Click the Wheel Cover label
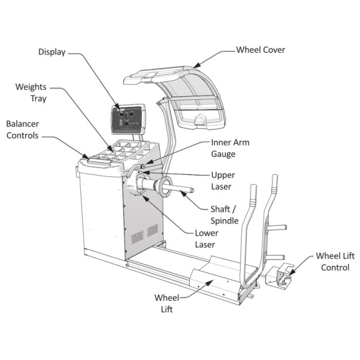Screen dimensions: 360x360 click(x=261, y=50)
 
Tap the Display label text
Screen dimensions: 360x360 click(x=52, y=52)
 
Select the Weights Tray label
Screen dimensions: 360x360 click(x=31, y=93)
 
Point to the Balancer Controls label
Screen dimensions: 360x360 click(x=23, y=130)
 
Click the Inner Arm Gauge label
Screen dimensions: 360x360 click(x=230, y=148)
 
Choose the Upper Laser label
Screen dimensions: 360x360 click(x=223, y=181)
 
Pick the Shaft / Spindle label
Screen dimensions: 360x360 click(x=224, y=215)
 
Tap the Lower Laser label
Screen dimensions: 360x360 click(x=207, y=239)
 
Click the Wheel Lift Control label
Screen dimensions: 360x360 click(x=335, y=262)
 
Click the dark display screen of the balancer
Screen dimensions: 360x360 click(x=127, y=119)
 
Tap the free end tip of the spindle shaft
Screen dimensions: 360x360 click(x=192, y=190)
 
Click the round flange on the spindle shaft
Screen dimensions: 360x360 click(x=166, y=187)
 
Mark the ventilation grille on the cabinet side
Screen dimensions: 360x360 click(x=145, y=233)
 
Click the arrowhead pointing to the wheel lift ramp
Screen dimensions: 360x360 click(x=209, y=283)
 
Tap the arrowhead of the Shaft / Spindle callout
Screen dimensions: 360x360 click(x=183, y=194)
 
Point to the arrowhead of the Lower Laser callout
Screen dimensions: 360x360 click(x=146, y=198)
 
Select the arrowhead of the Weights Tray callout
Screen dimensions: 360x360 click(x=111, y=148)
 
